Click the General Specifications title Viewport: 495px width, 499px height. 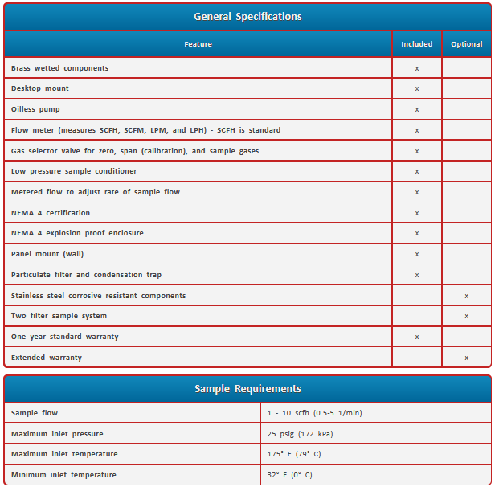247,16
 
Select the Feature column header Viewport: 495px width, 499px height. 198,44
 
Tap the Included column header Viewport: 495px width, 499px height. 416,44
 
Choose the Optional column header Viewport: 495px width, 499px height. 466,44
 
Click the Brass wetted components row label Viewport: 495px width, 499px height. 59,68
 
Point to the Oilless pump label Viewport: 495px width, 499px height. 35,109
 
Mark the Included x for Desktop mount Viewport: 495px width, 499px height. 416,88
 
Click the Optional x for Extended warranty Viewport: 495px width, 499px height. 466,358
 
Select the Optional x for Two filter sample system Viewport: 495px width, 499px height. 466,316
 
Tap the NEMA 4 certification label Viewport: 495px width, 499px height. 51,213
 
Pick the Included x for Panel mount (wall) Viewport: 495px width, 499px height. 416,254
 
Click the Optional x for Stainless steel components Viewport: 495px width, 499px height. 466,296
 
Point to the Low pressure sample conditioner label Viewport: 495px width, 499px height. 74,171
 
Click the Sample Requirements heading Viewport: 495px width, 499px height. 247,389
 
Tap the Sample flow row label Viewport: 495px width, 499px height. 35,413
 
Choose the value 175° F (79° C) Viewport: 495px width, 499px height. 295,455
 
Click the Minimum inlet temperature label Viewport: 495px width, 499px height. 63,475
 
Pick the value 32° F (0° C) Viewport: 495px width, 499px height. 290,475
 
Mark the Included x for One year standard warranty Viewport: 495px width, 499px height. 416,337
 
